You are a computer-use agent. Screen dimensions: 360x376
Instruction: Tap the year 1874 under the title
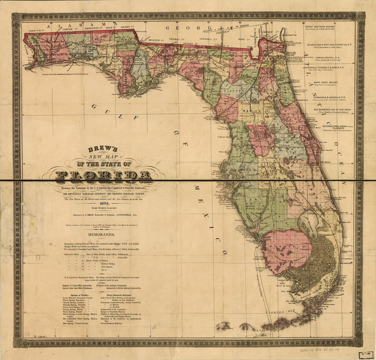click(x=103, y=203)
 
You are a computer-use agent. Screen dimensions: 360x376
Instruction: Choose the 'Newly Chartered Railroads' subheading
click(x=119, y=295)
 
